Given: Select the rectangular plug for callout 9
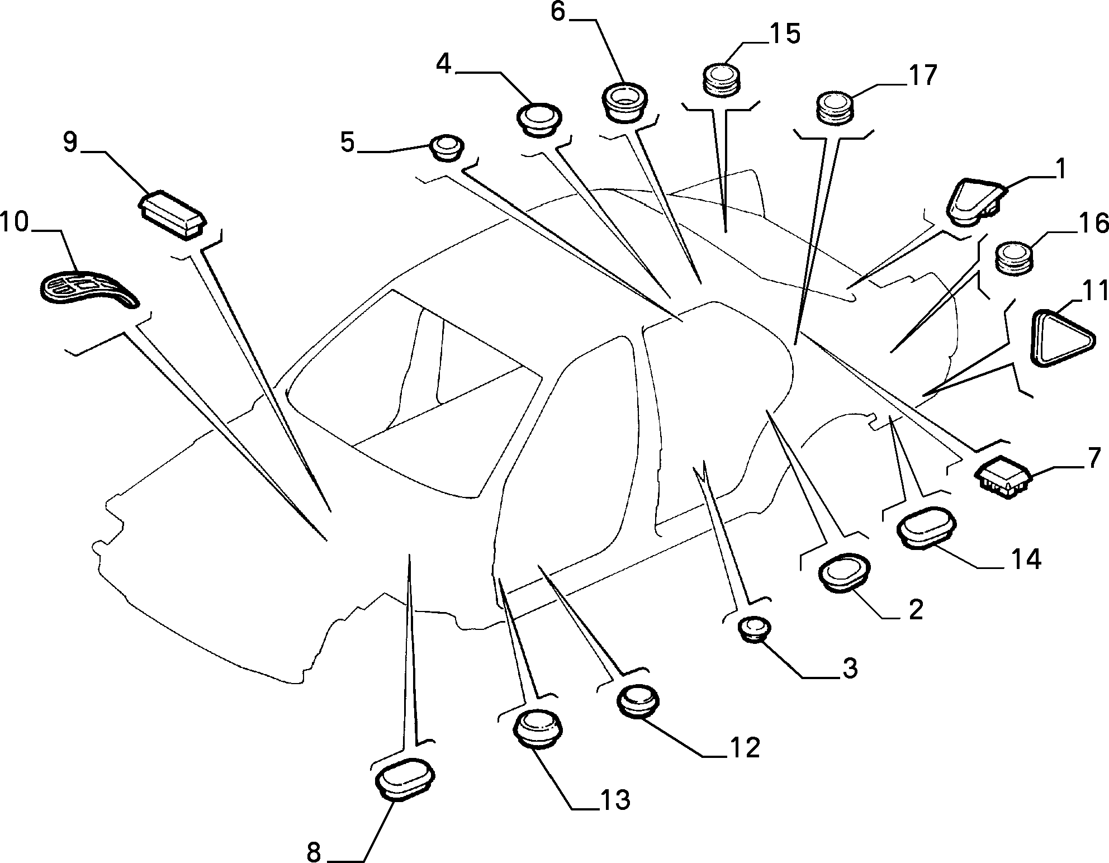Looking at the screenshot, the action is click(x=172, y=214).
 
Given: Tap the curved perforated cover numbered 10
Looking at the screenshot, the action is click(x=89, y=290).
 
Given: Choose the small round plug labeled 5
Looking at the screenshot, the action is click(x=446, y=148).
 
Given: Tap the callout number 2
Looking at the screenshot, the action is click(x=915, y=611).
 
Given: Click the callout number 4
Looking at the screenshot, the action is click(x=444, y=64).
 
